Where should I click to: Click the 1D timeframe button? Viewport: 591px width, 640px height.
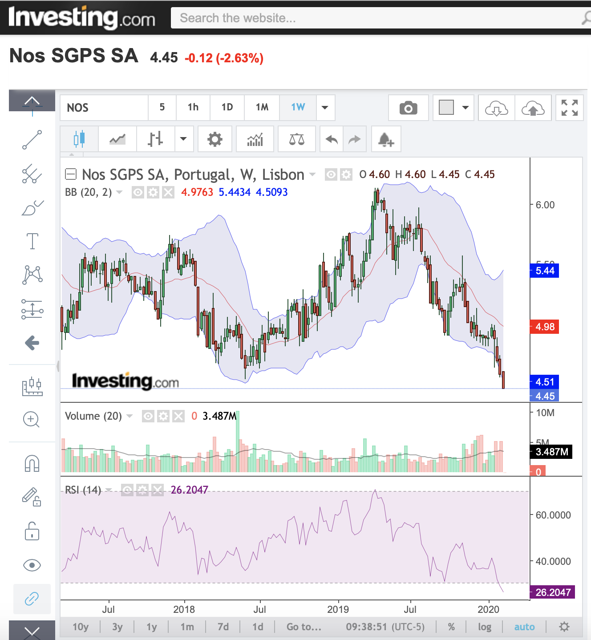[x=227, y=107]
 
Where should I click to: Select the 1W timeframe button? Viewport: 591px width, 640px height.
[x=298, y=107]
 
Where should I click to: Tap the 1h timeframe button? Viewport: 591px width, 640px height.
[x=193, y=107]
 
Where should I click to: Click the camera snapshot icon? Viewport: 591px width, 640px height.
[x=408, y=108]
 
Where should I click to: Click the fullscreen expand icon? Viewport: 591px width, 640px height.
[x=569, y=108]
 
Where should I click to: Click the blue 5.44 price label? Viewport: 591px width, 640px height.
[x=544, y=271]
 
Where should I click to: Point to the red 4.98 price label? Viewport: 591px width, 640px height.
[x=544, y=327]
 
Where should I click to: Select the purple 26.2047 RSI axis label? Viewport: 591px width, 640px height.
[x=552, y=592]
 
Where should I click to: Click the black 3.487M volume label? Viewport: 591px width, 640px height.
[x=551, y=452]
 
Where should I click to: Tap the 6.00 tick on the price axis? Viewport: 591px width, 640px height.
[x=545, y=205]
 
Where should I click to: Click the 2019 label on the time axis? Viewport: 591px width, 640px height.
[x=338, y=609]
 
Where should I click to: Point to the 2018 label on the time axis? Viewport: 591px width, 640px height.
[x=184, y=609]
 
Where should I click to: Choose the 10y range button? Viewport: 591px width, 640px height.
[x=81, y=627]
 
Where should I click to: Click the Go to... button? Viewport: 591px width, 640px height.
[x=304, y=627]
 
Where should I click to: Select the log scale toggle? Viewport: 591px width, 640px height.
[x=484, y=627]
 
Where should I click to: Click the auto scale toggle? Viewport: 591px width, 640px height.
[x=524, y=627]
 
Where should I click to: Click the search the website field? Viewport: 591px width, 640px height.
[x=374, y=18]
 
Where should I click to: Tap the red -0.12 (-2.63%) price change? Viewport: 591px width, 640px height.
[x=224, y=58]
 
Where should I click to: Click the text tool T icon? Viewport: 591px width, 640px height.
[x=32, y=241]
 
